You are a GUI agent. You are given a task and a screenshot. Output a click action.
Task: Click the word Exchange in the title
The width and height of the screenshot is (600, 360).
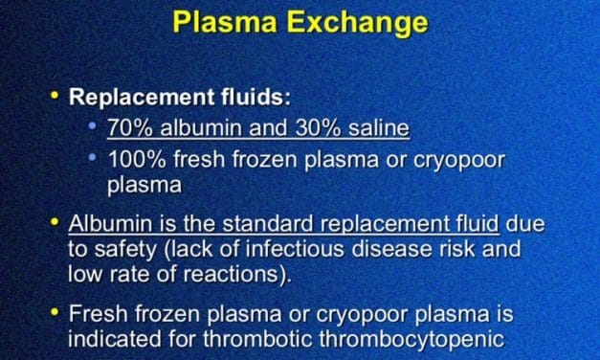point(357,23)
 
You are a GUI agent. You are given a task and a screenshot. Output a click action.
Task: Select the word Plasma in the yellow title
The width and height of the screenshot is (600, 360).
point(225,21)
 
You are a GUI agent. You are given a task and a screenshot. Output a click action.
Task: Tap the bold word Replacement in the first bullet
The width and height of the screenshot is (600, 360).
point(142,98)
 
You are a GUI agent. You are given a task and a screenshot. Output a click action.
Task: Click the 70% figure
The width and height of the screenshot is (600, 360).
point(130,127)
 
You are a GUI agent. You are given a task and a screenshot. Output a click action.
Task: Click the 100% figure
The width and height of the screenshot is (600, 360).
point(138,159)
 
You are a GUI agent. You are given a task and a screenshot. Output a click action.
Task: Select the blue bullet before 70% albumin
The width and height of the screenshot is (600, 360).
point(92,125)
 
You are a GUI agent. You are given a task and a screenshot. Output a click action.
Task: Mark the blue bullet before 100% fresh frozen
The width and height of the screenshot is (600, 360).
point(92,157)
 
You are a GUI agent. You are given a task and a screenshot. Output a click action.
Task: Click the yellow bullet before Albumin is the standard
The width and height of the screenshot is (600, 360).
point(56,221)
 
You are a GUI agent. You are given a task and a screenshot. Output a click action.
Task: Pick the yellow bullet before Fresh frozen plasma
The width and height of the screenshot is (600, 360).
point(56,312)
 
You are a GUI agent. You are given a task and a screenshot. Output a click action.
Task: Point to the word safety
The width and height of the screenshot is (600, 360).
point(125,250)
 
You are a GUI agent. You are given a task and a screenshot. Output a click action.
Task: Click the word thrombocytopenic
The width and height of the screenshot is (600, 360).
point(411,340)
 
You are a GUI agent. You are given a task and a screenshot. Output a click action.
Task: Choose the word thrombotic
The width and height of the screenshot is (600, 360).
point(257,339)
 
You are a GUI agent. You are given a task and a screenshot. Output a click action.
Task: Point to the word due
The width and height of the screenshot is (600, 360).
point(525,223)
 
